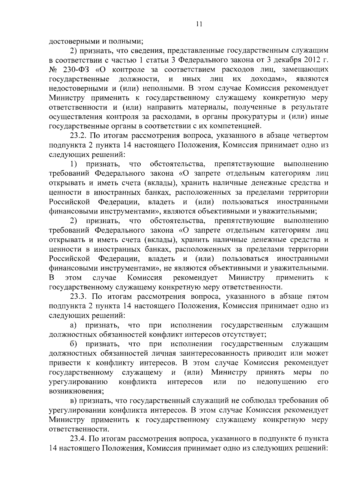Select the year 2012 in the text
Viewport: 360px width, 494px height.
(310, 60)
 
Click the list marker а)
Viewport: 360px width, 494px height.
(73, 325)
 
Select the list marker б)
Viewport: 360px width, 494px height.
(73, 344)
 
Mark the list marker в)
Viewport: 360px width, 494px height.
(73, 401)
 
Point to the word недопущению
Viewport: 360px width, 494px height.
(282, 382)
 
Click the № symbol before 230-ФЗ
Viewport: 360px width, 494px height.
(53, 70)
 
